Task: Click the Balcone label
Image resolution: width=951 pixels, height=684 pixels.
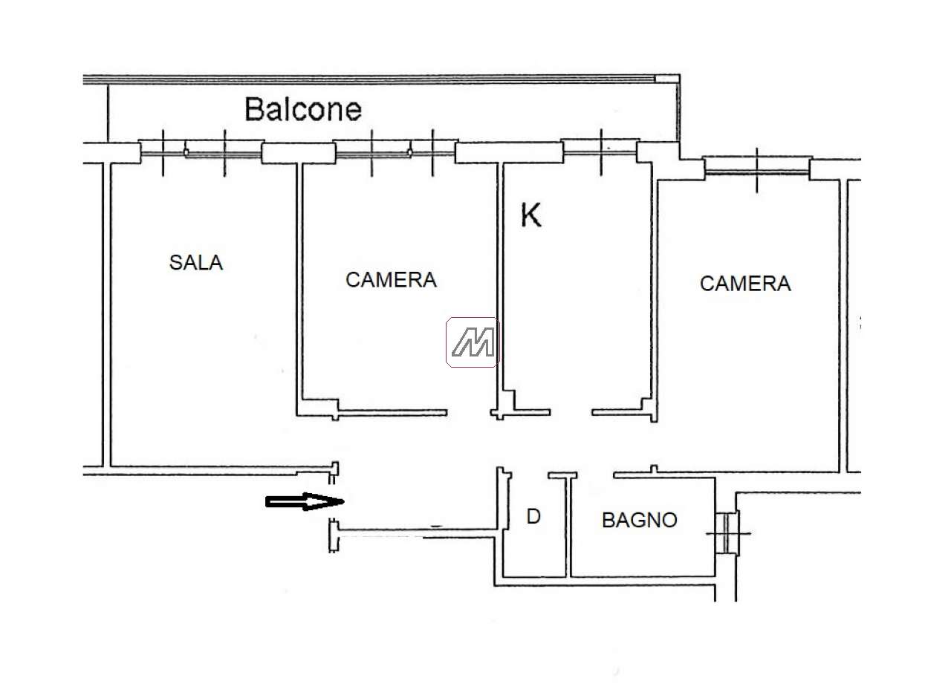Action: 303,109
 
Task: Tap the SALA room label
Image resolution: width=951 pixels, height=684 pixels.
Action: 195,263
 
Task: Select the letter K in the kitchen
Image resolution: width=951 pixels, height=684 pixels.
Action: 530,215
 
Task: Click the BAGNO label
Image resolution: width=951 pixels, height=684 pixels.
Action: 640,520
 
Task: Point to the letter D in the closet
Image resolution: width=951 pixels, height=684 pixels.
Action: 533,516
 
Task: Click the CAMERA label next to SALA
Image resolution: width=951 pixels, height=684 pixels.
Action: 391,280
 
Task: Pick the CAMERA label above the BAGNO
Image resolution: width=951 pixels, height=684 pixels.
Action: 745,284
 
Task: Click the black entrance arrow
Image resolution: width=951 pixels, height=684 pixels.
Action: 305,502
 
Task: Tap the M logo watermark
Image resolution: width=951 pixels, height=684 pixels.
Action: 473,342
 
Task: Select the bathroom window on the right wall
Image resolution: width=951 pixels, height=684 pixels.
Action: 727,533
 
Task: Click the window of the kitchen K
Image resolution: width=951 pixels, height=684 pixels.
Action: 600,152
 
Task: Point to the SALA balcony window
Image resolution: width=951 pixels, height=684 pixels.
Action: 201,153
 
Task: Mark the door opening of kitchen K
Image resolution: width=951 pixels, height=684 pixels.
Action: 571,412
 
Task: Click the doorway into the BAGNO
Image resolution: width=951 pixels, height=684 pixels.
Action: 595,475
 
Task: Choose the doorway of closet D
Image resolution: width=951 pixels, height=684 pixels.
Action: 530,475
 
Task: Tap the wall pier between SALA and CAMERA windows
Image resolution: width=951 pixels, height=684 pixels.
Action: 299,153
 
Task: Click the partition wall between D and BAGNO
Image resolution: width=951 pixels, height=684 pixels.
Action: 568,527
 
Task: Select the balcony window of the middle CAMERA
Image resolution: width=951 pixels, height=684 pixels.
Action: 395,152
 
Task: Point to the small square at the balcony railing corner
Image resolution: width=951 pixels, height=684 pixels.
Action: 667,79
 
